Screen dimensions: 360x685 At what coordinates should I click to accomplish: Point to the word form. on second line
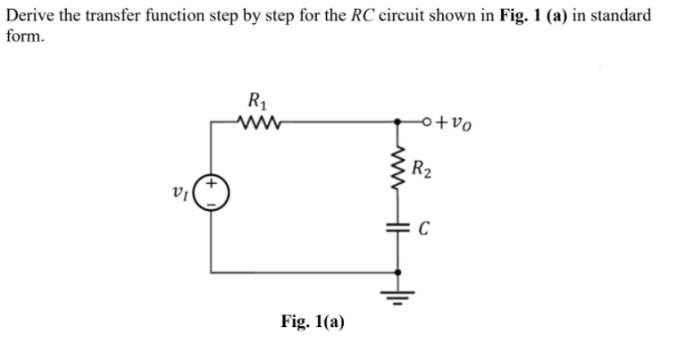click(23, 36)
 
